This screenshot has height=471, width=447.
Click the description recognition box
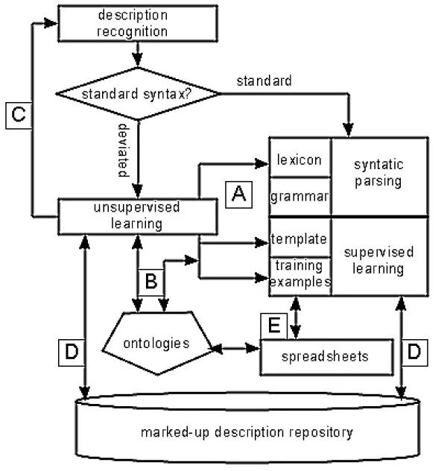pyautogui.click(x=138, y=23)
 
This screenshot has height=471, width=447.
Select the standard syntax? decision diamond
pyautogui.click(x=138, y=94)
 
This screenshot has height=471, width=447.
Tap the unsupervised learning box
pyautogui.click(x=138, y=216)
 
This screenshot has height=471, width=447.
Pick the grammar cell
pyautogui.click(x=300, y=197)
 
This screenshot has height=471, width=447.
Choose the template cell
pyautogui.click(x=300, y=238)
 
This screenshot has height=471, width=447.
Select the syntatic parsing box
pyautogui.click(x=379, y=177)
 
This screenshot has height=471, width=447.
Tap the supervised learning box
pyautogui.click(x=379, y=257)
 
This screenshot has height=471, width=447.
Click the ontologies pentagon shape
pyautogui.click(x=157, y=343)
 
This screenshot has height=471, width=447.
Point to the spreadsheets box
pyautogui.click(x=326, y=357)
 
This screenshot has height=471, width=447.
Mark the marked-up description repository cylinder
pyautogui.click(x=247, y=428)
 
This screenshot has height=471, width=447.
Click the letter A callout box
pyautogui.click(x=239, y=195)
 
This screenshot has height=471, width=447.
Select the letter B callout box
pyautogui.click(x=151, y=282)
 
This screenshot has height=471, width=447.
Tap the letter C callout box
pyautogui.click(x=19, y=116)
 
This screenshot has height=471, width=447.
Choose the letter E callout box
pyautogui.click(x=273, y=326)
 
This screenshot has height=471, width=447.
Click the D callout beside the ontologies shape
pyautogui.click(x=72, y=353)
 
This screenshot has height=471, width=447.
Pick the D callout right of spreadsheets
pyautogui.click(x=414, y=353)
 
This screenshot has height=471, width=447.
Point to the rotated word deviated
pyautogui.click(x=124, y=151)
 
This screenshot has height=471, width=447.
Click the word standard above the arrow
pyautogui.click(x=264, y=81)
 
